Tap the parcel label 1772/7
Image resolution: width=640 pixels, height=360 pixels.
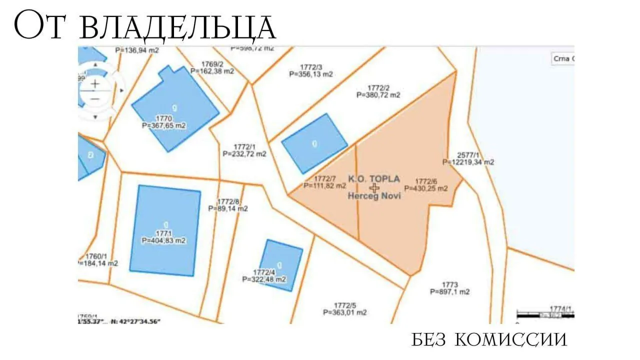tap(324, 178)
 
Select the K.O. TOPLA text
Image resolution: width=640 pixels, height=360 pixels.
tap(374, 178)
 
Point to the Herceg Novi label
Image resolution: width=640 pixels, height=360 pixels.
tap(374, 196)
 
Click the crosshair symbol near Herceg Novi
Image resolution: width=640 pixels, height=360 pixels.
tap(374, 187)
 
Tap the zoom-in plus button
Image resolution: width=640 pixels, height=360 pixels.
tap(95, 83)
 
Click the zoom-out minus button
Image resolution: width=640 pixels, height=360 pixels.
tap(95, 98)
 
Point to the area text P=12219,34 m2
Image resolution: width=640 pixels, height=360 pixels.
tap(468, 162)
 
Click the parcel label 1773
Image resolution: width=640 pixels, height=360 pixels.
tap(449, 284)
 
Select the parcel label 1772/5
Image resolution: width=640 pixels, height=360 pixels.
tap(345, 305)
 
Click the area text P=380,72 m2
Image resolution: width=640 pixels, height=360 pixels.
tap(378, 94)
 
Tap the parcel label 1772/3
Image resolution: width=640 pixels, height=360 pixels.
tap(311, 66)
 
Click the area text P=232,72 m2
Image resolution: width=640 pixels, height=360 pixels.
tap(244, 154)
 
